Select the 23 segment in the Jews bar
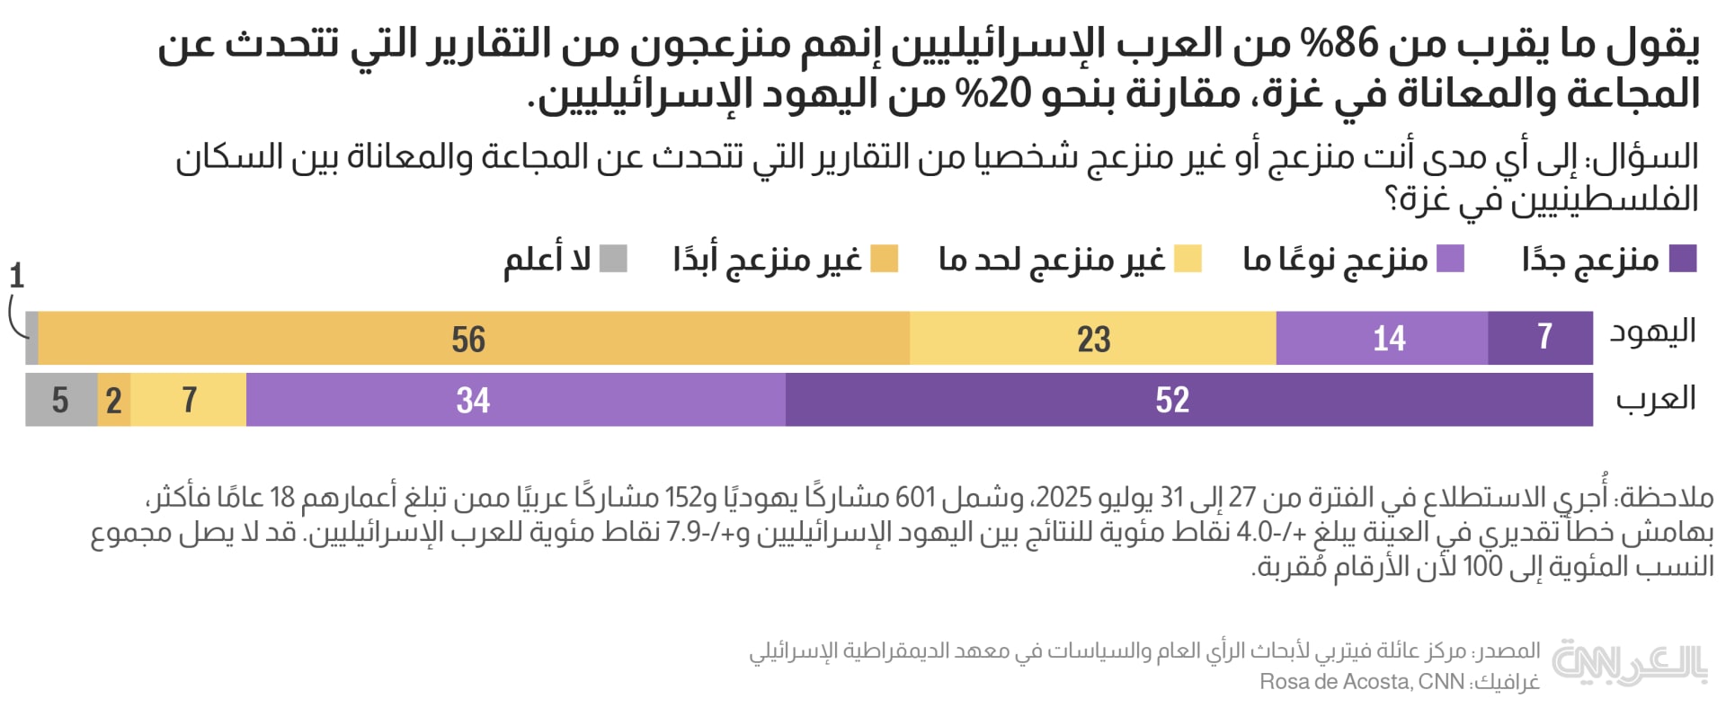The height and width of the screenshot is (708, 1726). (1093, 339)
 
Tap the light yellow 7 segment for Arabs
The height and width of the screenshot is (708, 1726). (189, 400)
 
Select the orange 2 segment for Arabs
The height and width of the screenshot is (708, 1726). (114, 400)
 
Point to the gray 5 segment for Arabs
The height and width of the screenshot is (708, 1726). (61, 400)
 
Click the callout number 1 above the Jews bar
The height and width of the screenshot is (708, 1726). (16, 276)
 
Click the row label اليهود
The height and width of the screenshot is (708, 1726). (1652, 332)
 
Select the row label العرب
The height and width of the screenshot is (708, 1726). (1655, 399)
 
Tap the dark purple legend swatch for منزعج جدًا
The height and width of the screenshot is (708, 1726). (1683, 259)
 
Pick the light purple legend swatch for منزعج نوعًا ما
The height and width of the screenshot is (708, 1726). (1450, 259)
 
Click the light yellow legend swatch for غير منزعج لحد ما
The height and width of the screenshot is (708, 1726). (1188, 259)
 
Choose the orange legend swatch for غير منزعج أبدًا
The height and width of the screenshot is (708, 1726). (885, 259)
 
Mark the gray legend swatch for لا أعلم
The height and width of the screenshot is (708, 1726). (613, 259)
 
